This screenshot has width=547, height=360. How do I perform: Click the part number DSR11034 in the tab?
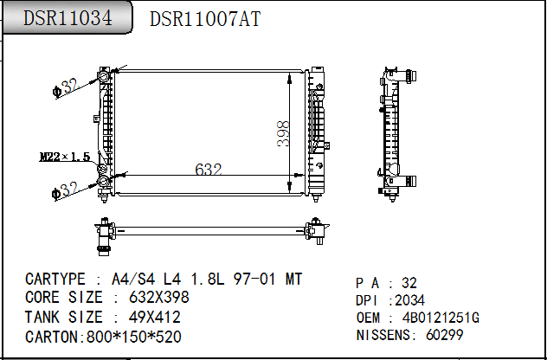[x=68, y=18]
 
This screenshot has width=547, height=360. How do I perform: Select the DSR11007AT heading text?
[x=205, y=19]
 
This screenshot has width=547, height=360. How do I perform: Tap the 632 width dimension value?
[x=209, y=170]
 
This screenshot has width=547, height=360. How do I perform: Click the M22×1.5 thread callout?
[x=65, y=157]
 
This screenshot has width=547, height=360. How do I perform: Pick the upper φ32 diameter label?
[x=66, y=86]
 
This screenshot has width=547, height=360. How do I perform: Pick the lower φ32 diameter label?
[x=66, y=189]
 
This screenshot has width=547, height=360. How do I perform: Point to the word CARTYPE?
[x=55, y=280]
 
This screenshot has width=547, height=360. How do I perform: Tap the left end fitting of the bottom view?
[x=106, y=234]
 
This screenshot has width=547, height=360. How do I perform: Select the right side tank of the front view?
[x=317, y=130]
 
